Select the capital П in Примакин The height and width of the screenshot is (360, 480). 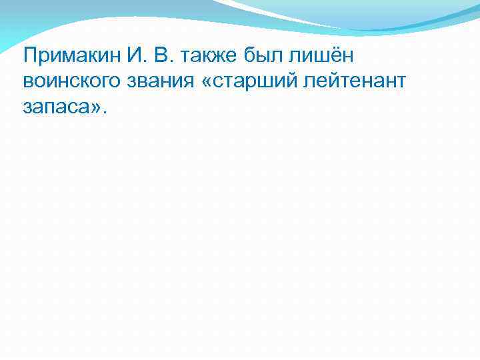(x=29, y=55)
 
